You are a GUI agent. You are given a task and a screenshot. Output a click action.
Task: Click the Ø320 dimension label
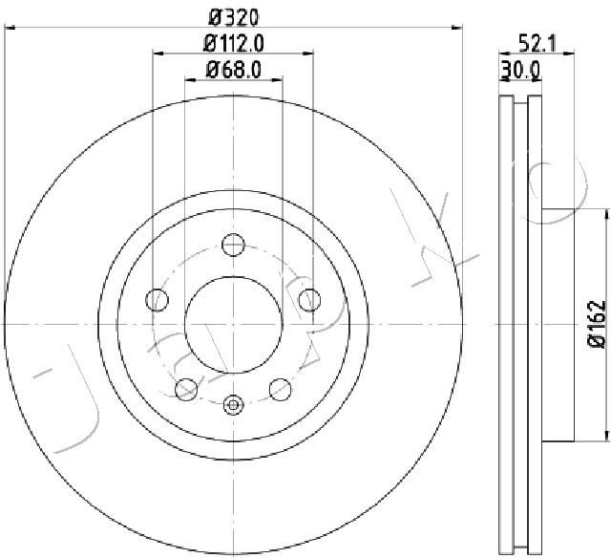[234, 17]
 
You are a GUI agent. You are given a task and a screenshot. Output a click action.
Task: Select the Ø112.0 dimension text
[234, 43]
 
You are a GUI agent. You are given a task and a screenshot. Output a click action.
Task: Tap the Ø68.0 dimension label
[234, 70]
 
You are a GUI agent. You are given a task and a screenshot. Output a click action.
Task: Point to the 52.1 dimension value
[537, 43]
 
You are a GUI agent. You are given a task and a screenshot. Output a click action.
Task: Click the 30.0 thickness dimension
[520, 71]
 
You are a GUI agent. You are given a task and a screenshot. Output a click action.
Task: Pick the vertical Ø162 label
[597, 324]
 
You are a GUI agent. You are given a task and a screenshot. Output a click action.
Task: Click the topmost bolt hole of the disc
[233, 245]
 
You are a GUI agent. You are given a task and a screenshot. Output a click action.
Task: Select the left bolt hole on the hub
[157, 300]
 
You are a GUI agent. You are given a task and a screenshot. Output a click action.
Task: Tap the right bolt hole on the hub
[309, 300]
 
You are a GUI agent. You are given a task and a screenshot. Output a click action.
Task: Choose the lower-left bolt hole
[186, 389]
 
